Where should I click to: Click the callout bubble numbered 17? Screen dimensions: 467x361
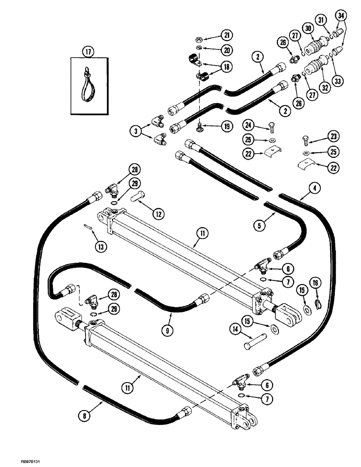tap(86, 52)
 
